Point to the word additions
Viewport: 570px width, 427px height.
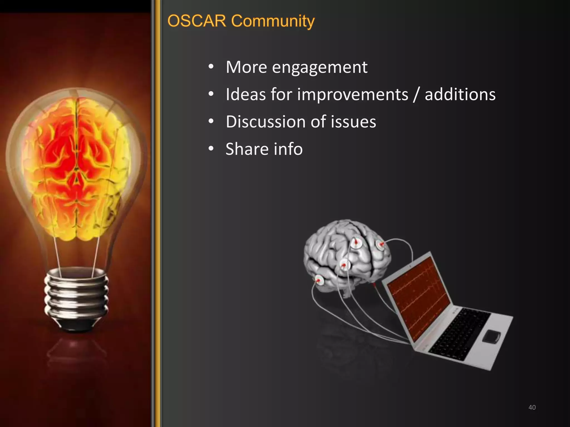(x=460, y=95)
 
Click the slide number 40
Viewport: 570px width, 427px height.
(x=532, y=407)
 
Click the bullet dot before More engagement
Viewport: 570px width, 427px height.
(x=211, y=67)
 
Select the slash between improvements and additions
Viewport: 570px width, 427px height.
(x=416, y=95)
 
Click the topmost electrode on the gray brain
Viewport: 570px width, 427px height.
(x=356, y=243)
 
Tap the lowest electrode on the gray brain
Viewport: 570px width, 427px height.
(x=319, y=280)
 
